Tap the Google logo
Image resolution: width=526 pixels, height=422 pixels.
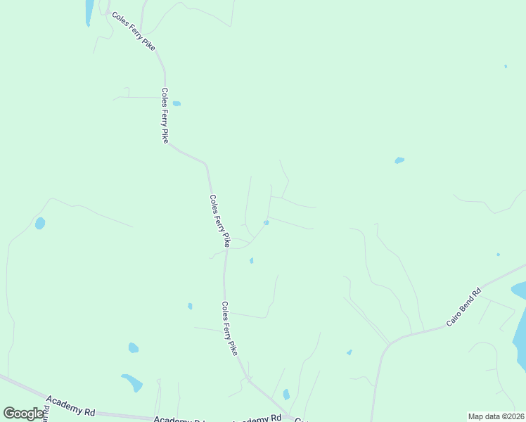[x=24, y=414]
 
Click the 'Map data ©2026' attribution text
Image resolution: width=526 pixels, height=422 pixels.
[x=496, y=416]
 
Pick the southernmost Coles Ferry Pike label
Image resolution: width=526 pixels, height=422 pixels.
[x=229, y=328]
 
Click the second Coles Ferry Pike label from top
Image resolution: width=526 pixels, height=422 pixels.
[x=165, y=115]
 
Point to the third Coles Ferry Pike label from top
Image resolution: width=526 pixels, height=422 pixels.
[x=219, y=220]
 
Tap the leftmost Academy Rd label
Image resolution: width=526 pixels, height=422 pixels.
[x=70, y=405]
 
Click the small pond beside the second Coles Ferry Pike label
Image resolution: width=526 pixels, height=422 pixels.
[x=177, y=103]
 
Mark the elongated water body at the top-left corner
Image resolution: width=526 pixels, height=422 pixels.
[x=89, y=12]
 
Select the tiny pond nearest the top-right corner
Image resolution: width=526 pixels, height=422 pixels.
[x=506, y=66]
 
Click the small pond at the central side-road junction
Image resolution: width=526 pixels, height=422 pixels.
[x=266, y=223]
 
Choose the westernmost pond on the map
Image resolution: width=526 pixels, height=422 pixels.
[x=40, y=223]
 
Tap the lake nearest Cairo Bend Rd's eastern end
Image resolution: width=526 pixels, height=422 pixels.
[x=519, y=290]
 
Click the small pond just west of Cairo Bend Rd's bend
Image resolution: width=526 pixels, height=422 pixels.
[x=349, y=352]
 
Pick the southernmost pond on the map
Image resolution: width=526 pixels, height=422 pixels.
[x=286, y=395]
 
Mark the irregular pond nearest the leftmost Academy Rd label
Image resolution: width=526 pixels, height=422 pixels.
[x=132, y=382]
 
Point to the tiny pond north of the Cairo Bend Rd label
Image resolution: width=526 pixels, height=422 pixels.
[x=498, y=255]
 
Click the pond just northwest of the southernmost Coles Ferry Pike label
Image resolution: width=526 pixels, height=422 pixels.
[x=190, y=306]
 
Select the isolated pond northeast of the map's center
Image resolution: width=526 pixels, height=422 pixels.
[x=399, y=160]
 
